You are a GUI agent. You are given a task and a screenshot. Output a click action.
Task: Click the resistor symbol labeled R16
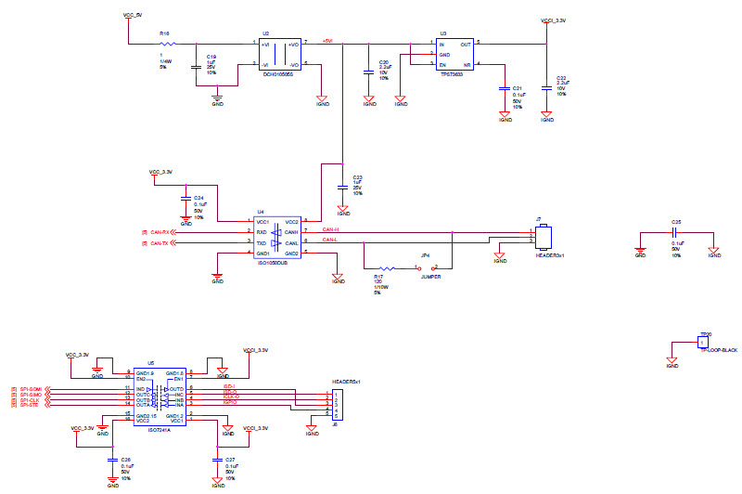(x=168, y=43)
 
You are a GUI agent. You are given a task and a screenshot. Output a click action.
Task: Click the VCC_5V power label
(x=133, y=16)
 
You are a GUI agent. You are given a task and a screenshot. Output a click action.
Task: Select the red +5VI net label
(x=327, y=41)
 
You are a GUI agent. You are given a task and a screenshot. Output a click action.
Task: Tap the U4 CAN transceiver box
(x=278, y=238)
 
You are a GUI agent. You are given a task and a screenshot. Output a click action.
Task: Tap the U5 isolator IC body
(x=160, y=396)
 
